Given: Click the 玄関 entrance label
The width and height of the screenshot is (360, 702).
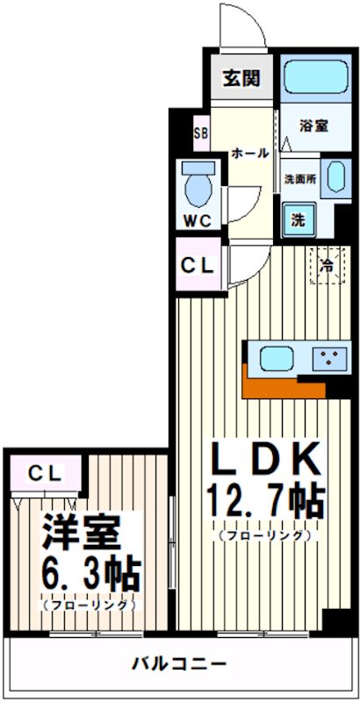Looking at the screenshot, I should pyautogui.click(x=241, y=78).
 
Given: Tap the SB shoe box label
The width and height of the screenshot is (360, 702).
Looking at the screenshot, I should pyautogui.click(x=200, y=133).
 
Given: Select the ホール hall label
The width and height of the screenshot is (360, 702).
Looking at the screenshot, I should pyautogui.click(x=249, y=153).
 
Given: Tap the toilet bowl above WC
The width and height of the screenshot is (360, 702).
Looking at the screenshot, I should pyautogui.click(x=198, y=183).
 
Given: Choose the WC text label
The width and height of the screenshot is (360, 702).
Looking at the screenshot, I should pyautogui.click(x=198, y=220).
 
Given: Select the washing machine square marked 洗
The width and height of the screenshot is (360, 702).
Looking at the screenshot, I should pyautogui.click(x=299, y=218).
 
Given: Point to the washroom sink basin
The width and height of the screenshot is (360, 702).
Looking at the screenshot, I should pyautogui.click(x=334, y=178).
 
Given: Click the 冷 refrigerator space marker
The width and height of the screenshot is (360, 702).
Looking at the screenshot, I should pyautogui.click(x=326, y=264).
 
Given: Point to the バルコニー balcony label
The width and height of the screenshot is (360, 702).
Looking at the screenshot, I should pyautogui.click(x=180, y=663).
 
